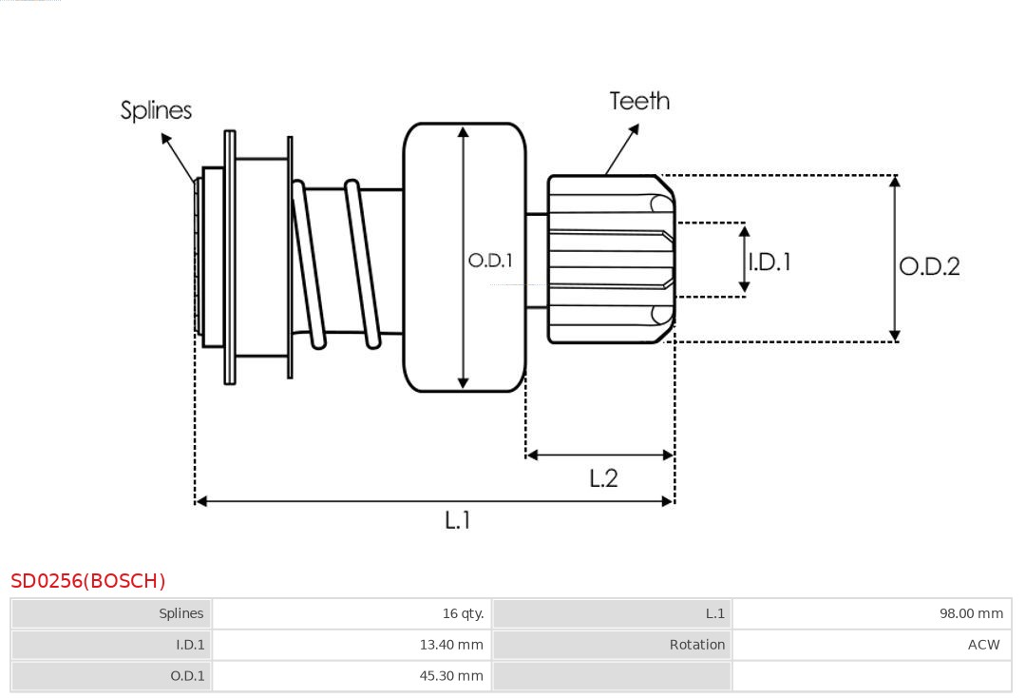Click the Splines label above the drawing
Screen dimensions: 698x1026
coord(156,110)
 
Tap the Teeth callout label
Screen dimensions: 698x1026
coord(639,101)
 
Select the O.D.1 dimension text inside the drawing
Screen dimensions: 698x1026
coord(490,260)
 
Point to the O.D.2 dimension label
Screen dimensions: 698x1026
coord(929,266)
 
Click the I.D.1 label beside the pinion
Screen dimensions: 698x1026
coord(769,262)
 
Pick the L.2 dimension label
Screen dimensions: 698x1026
coord(603,477)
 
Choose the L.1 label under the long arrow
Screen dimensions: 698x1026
coord(458,519)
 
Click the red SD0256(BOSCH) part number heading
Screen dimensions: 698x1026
coord(88,581)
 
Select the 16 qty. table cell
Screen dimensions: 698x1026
coord(463,613)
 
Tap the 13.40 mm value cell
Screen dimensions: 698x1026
coord(451,645)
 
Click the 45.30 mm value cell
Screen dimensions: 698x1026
coord(451,676)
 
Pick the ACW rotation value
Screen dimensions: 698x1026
coord(983,645)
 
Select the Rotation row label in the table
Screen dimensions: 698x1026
coord(696,645)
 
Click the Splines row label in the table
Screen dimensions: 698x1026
coord(180,613)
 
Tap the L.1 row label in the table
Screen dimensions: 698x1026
coord(714,613)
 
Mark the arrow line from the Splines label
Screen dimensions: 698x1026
coord(180,158)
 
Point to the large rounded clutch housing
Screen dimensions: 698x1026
coord(465,257)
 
